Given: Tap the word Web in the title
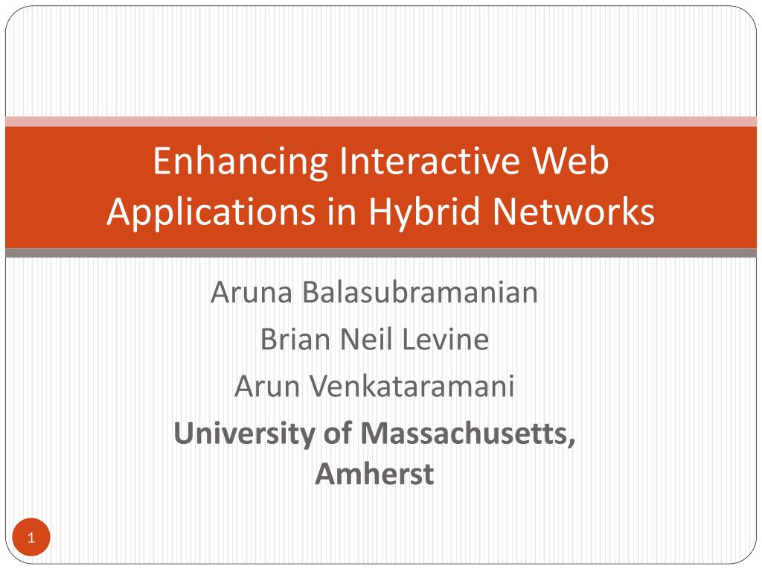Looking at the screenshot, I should pos(574,163).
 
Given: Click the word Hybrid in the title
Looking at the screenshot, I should pos(426,212).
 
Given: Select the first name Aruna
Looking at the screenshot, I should pos(252,293).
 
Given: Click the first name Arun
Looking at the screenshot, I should pos(265,387).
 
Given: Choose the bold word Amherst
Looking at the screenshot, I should pos(374,474).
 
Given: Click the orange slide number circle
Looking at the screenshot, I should pos(31,538).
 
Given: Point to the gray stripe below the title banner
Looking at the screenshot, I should pos(381,253).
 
